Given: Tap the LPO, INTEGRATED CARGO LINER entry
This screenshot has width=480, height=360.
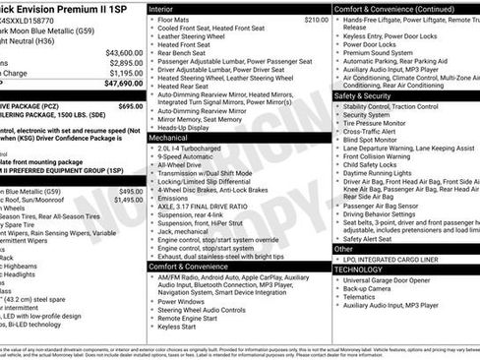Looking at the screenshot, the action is click(393, 259).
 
